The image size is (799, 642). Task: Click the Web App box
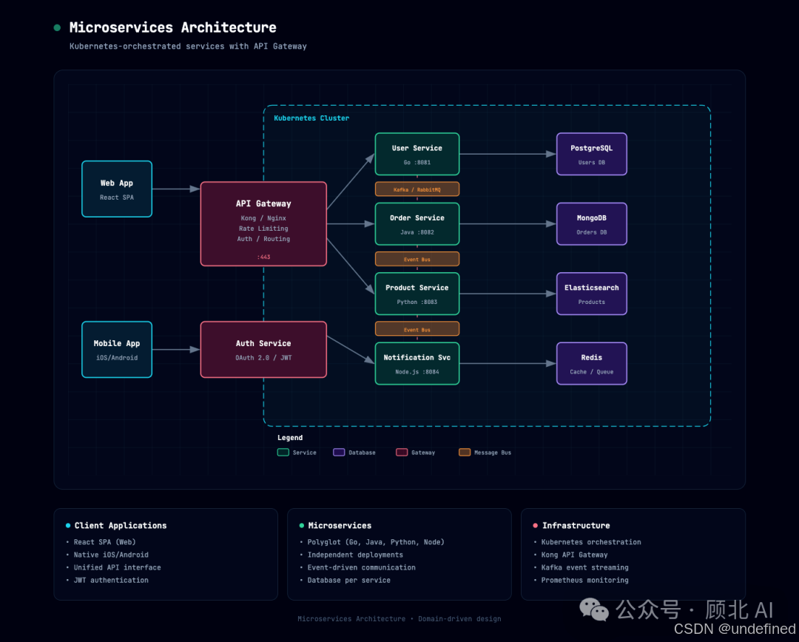pos(117,189)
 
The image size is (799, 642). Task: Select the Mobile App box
pos(117,350)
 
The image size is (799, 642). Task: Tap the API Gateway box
pos(263,223)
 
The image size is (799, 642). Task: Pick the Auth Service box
pos(263,350)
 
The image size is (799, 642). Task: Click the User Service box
pos(417,154)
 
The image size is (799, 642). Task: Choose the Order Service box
pos(417,224)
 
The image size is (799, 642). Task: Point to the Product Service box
pos(417,294)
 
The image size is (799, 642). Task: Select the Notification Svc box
pos(417,363)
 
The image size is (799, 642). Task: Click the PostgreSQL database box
pos(592,154)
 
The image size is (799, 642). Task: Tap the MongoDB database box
pos(592,224)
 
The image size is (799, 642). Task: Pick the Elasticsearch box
pos(592,294)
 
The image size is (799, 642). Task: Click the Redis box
pos(592,363)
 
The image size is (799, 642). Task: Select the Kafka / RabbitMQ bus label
pos(417,189)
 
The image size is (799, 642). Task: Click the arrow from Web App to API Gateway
pos(176,189)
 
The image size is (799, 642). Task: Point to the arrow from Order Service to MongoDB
pos(508,224)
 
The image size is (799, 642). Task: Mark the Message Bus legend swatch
pos(465,452)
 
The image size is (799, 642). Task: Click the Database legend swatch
pos(339,452)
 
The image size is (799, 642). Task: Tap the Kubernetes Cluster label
pos(311,118)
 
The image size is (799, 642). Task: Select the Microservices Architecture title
pos(172,27)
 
